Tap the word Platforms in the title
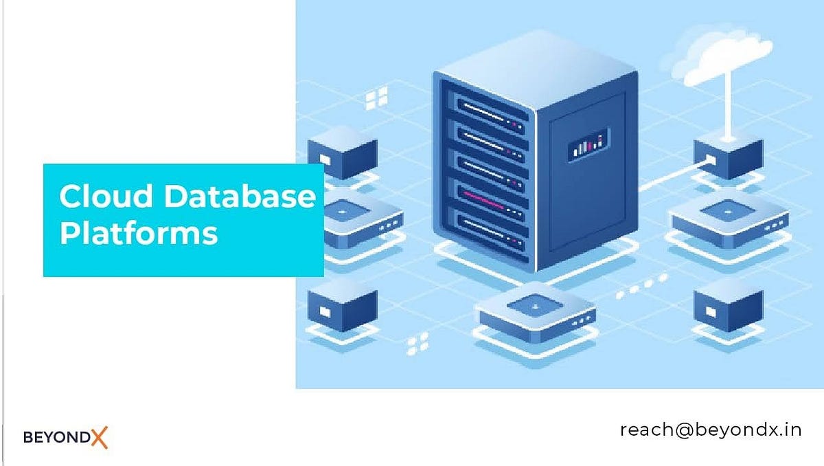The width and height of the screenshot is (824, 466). (138, 233)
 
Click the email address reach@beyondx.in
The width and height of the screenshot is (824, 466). (711, 430)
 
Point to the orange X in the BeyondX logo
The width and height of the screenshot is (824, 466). (99, 436)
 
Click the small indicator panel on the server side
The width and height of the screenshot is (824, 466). (588, 147)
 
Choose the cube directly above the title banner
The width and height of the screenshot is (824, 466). (341, 155)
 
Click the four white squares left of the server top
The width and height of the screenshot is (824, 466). (376, 98)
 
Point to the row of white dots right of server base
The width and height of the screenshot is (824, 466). (642, 286)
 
